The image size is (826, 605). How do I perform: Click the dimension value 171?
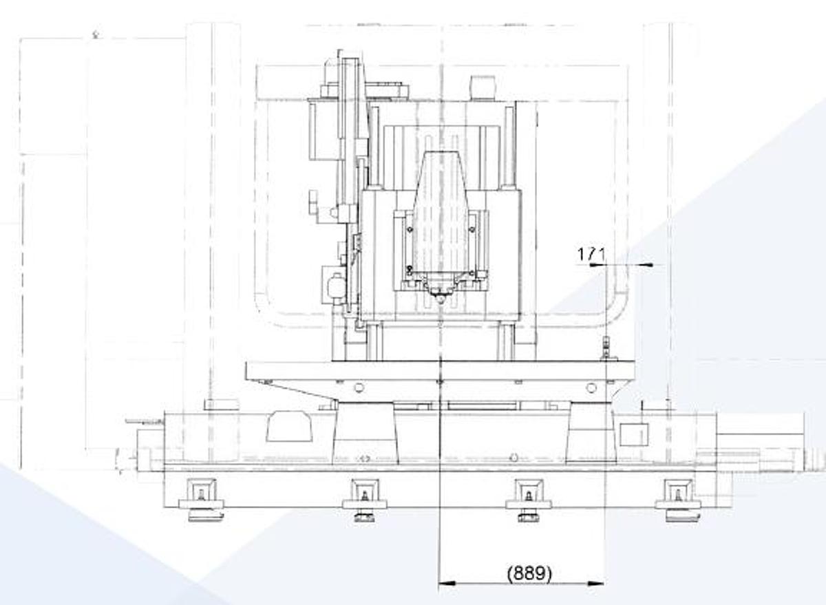591,254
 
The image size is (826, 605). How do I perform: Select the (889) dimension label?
529,573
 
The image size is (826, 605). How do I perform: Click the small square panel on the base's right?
634,434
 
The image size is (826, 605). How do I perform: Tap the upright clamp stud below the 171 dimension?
606,348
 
